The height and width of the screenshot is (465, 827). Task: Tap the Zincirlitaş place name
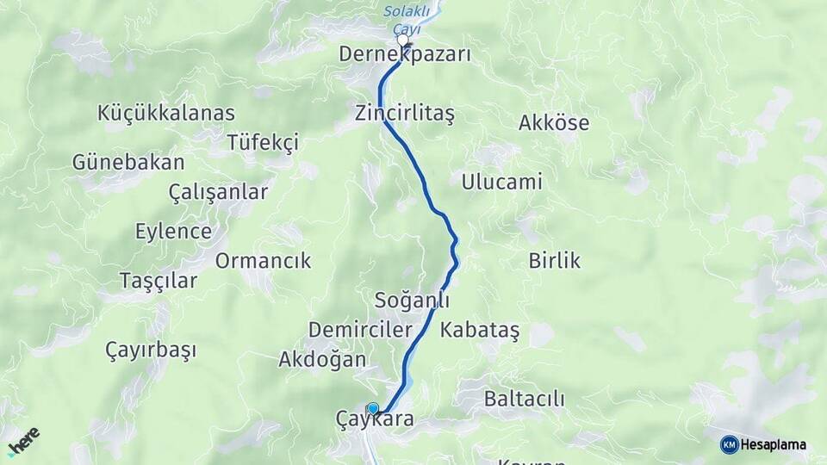pyautogui.click(x=404, y=114)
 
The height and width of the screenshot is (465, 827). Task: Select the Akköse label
pyautogui.click(x=554, y=123)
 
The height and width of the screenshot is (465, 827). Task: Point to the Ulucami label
pyautogui.click(x=501, y=183)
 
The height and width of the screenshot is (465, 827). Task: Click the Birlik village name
pyautogui.click(x=555, y=261)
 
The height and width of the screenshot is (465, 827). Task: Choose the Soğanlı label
pyautogui.click(x=412, y=301)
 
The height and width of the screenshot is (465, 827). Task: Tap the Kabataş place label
pyautogui.click(x=480, y=330)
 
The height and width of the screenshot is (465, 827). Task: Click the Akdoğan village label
pyautogui.click(x=322, y=360)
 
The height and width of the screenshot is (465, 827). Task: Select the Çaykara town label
pyautogui.click(x=376, y=420)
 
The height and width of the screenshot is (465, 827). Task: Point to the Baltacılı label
pyautogui.click(x=524, y=399)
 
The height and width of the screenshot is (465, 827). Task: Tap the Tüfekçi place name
pyautogui.click(x=263, y=142)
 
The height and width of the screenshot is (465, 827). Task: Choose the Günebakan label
pyautogui.click(x=128, y=162)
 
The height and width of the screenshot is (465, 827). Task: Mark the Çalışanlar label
pyautogui.click(x=219, y=192)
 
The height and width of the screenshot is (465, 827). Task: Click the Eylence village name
pyautogui.click(x=173, y=232)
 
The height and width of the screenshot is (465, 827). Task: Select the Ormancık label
pyautogui.click(x=263, y=261)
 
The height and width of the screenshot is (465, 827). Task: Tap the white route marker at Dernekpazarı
pyautogui.click(x=402, y=40)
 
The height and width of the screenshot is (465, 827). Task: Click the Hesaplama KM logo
pyautogui.click(x=763, y=444)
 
